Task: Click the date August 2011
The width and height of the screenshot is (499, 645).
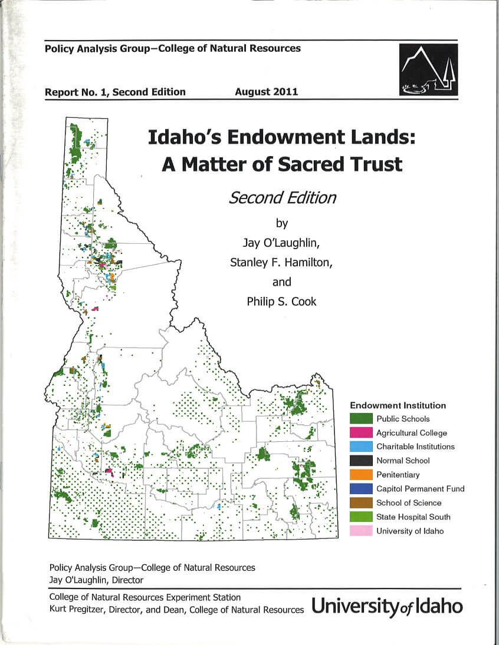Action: pos(266,92)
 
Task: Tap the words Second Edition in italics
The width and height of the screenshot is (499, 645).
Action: pos(282,197)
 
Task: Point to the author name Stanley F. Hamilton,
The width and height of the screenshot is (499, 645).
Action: pos(281,262)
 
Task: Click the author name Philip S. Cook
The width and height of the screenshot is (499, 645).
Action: pos(281,302)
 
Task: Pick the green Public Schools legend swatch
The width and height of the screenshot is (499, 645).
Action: pos(361,419)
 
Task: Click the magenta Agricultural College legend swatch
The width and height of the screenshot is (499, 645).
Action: pos(361,433)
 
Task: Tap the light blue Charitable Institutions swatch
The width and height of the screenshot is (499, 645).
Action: pos(361,446)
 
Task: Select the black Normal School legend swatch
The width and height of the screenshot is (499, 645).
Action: pos(361,461)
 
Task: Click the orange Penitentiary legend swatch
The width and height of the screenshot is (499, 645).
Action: pos(361,475)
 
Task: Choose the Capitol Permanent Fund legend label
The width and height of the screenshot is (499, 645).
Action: pos(420,489)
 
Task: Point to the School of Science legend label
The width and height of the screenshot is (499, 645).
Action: pos(409,503)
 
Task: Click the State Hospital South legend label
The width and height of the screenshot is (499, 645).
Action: pos(413,517)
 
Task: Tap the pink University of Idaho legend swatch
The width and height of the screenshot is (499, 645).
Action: pos(361,531)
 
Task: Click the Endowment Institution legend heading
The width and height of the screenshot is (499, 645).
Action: pos(398,405)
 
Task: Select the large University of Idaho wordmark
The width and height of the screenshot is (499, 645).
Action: pos(387,606)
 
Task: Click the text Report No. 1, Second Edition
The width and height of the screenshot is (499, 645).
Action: pos(115,92)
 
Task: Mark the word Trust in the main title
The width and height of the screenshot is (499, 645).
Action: pos(373,164)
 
